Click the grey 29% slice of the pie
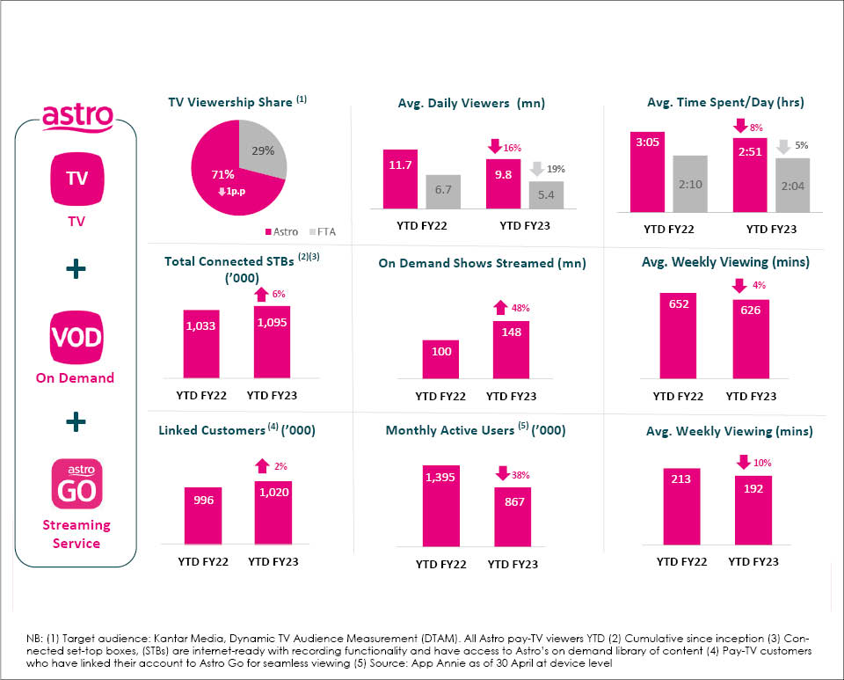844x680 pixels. pyautogui.click(x=261, y=153)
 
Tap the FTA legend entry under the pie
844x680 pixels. pyautogui.click(x=323, y=232)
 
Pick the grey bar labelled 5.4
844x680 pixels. pyautogui.click(x=546, y=195)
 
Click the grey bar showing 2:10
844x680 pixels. pyautogui.click(x=690, y=184)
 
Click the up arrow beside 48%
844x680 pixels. pyautogui.click(x=499, y=308)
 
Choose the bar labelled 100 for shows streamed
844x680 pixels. pyautogui.click(x=441, y=362)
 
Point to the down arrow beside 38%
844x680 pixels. pyautogui.click(x=503, y=473)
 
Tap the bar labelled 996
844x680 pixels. pyautogui.click(x=201, y=515)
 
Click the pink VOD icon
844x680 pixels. pyautogui.click(x=76, y=339)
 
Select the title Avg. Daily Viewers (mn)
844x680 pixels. pyautogui.click(x=471, y=103)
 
